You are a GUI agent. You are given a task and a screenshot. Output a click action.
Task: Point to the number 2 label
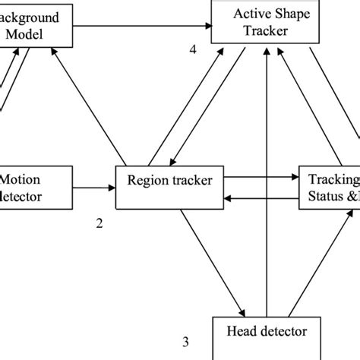tap(98, 223)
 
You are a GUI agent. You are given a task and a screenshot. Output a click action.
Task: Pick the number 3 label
tap(185, 341)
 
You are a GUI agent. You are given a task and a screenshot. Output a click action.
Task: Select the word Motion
tap(20, 179)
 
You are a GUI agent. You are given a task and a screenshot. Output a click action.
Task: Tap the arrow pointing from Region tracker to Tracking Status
tap(258, 179)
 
